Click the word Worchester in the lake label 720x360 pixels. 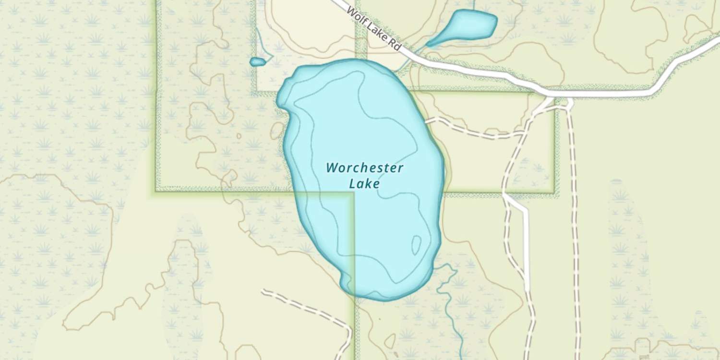click(x=364, y=168)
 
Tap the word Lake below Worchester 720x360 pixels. click(x=364, y=183)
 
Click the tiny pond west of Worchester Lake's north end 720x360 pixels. click(x=258, y=62)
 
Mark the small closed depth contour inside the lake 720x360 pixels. click(x=416, y=245)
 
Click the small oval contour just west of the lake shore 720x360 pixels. click(x=277, y=131)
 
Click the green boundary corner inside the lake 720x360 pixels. click(x=354, y=193)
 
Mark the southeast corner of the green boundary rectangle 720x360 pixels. click(x=555, y=193)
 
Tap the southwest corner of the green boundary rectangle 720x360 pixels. click(x=156, y=190)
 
